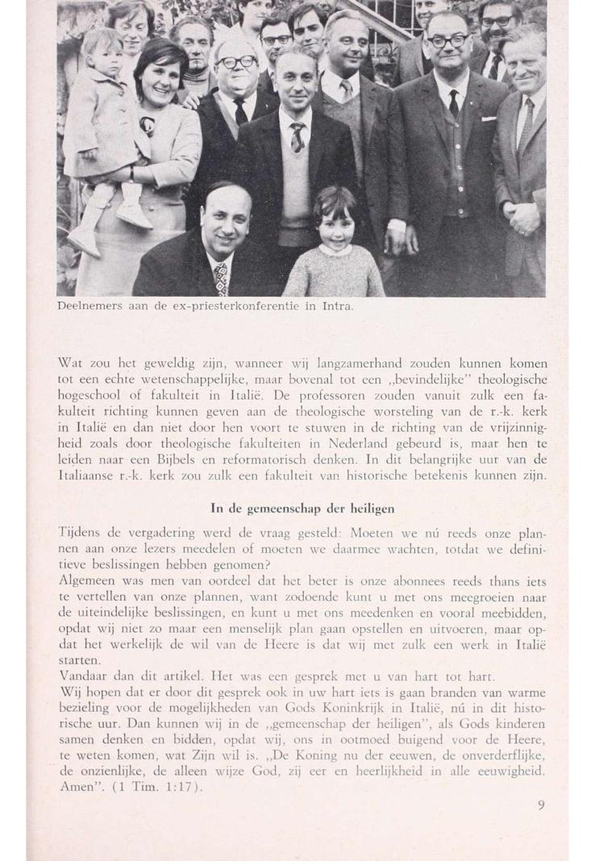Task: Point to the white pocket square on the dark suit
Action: (488, 119)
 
